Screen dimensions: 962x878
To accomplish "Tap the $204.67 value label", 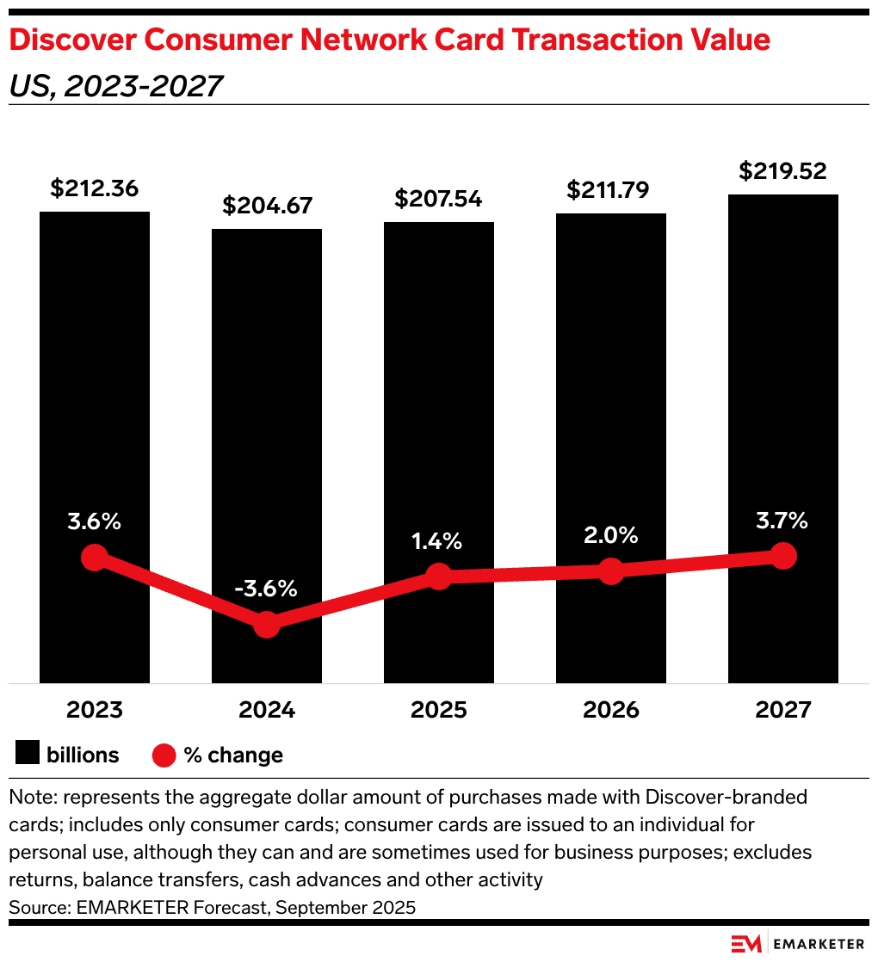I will click(x=267, y=207).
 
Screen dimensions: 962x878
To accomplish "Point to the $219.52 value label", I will click(x=782, y=171).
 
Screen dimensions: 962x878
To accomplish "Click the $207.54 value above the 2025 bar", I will click(x=438, y=200).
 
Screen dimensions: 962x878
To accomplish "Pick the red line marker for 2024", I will click(x=267, y=625).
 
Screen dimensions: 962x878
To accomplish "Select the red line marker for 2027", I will click(x=782, y=556).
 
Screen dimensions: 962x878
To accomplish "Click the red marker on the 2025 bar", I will click(x=439, y=577).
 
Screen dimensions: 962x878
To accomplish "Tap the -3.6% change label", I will click(x=266, y=589).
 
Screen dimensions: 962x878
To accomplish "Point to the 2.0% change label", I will click(x=610, y=535).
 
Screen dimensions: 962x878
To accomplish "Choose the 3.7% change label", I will click(x=782, y=520).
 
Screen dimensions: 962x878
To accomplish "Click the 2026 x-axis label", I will click(x=610, y=711).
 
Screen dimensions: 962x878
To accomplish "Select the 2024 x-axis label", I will click(x=267, y=711).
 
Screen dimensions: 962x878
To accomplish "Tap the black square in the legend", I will click(x=28, y=755).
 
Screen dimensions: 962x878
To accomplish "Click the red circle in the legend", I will click(x=164, y=755).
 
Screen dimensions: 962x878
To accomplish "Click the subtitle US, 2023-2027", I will click(x=115, y=86).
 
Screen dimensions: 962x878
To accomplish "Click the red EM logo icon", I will click(x=745, y=944).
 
